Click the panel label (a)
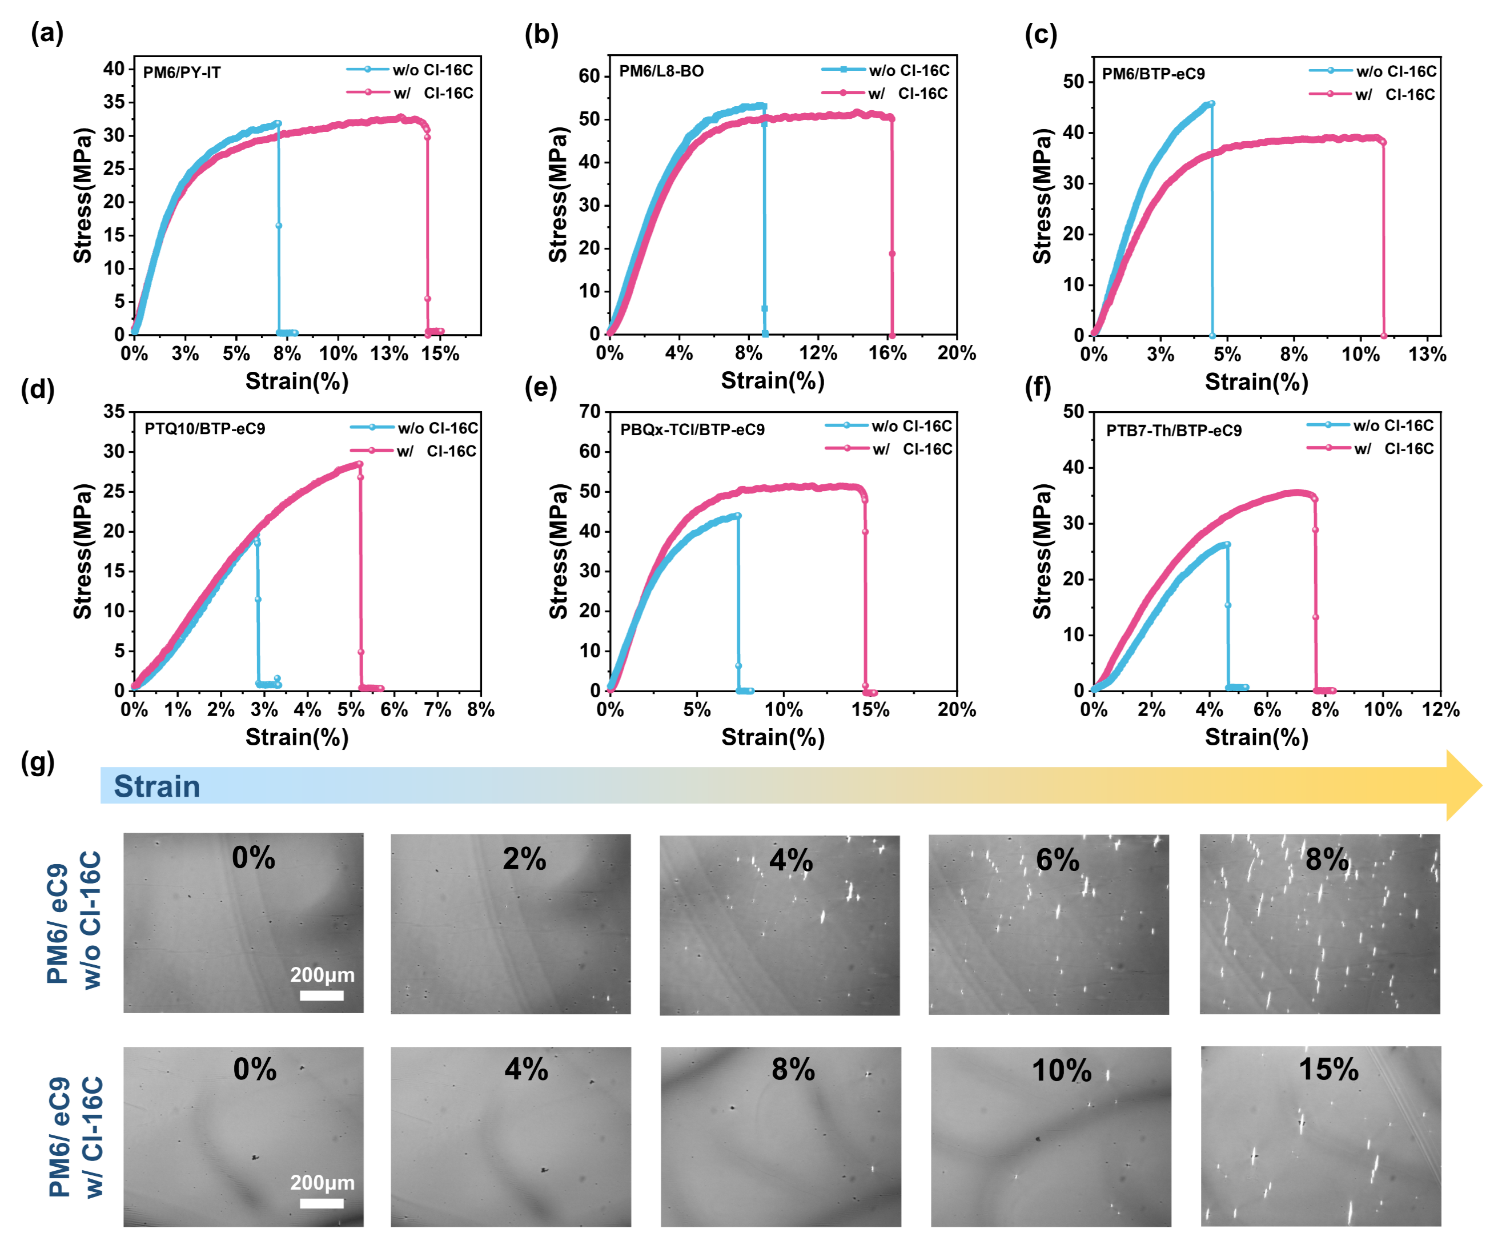47,33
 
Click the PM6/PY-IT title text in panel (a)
182,73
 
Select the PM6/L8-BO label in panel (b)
661,71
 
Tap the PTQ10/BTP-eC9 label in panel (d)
204,429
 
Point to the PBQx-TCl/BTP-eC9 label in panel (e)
692,429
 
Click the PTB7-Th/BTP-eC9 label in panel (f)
1173,430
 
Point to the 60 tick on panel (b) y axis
589,76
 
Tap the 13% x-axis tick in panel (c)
1427,354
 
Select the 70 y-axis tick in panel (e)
589,412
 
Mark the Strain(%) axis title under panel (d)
297,737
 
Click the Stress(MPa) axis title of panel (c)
1042,196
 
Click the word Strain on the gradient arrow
156,786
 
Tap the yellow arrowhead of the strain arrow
1463,786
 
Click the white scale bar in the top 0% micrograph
322,995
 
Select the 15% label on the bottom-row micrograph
1328,1070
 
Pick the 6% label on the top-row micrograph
1057,859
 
